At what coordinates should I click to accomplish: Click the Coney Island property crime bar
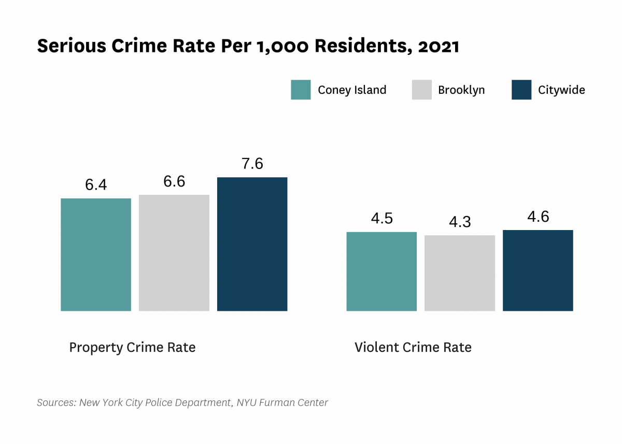(96, 254)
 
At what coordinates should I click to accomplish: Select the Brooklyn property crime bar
(174, 253)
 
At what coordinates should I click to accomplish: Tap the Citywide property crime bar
(252, 244)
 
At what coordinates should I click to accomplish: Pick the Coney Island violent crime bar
(381, 271)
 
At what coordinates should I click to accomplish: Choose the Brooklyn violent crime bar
(460, 273)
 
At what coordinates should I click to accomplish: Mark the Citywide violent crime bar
(538, 270)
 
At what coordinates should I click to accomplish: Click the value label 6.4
(96, 185)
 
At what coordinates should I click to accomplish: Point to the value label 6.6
(174, 182)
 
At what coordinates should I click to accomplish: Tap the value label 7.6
(252, 164)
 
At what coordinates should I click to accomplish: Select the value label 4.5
(381, 219)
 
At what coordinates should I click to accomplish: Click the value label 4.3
(460, 222)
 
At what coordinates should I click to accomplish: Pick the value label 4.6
(538, 217)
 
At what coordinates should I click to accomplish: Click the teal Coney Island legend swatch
(301, 90)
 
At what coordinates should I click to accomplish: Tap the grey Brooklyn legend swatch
(422, 90)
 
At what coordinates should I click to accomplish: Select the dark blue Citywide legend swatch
(521, 90)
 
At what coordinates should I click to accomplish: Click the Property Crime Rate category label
(132, 347)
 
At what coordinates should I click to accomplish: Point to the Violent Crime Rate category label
(413, 347)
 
